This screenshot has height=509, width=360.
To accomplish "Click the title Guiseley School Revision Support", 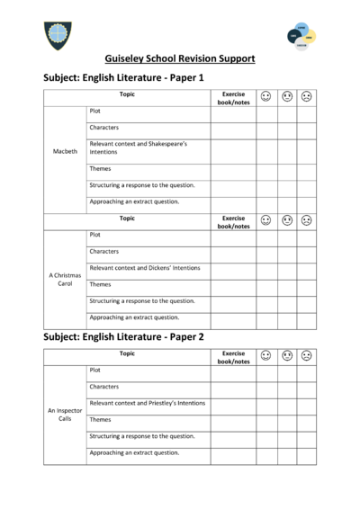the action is pyautogui.click(x=180, y=59).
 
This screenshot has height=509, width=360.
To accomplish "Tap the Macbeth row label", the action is pyautogui.click(x=65, y=152).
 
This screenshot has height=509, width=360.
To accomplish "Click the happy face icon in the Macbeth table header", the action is pyautogui.click(x=265, y=95).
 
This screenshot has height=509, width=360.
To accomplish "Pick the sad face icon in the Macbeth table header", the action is pyautogui.click(x=307, y=95).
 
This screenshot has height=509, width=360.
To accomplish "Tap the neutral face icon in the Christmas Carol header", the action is pyautogui.click(x=286, y=219).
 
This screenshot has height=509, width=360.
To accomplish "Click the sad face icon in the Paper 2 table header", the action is pyautogui.click(x=307, y=355).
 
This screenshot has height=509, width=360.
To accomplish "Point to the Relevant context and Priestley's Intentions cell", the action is pyautogui.click(x=148, y=403).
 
